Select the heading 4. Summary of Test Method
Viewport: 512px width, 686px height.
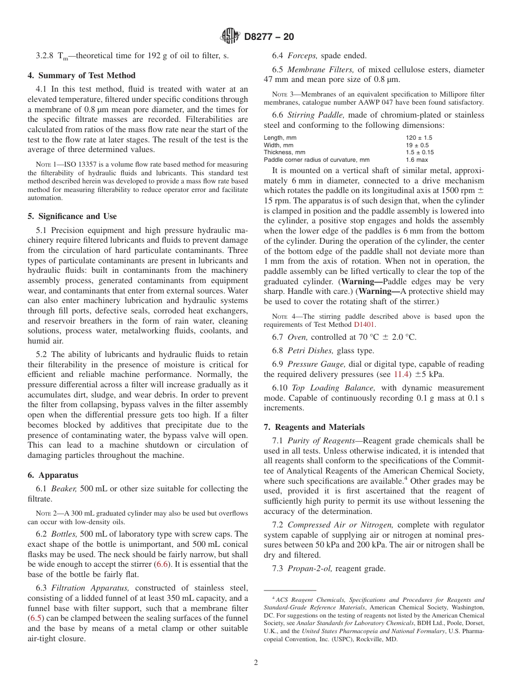click(81, 76)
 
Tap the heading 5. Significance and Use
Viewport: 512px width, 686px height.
click(72, 216)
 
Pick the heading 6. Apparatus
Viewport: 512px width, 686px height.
click(53, 475)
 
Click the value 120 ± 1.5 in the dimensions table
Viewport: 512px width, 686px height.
click(419, 138)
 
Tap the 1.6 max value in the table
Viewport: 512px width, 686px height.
click(417, 160)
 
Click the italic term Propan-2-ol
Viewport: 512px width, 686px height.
click(309, 568)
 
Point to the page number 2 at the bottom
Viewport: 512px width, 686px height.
click(255, 663)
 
